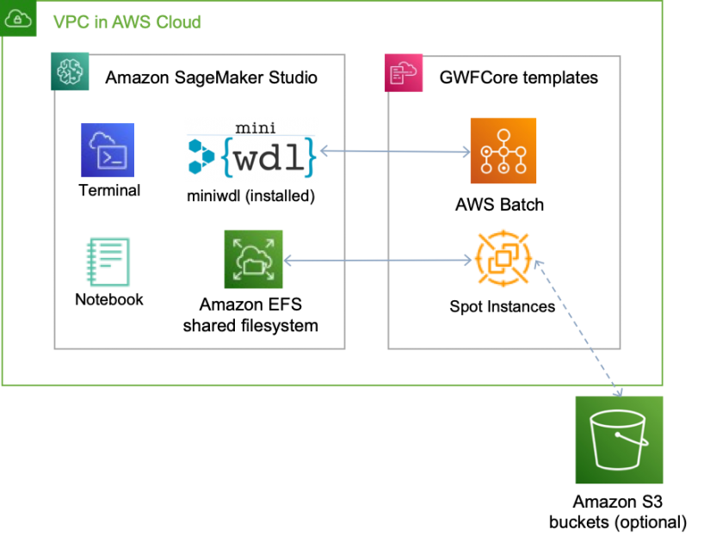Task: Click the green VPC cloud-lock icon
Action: pyautogui.click(x=18, y=18)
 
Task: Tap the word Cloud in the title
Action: pyautogui.click(x=176, y=22)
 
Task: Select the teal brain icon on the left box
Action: pyautogui.click(x=69, y=71)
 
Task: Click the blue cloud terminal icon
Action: pyautogui.click(x=108, y=150)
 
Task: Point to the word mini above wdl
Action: pyautogui.click(x=256, y=128)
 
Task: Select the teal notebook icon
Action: pyautogui.click(x=108, y=262)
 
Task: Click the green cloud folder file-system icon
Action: pyautogui.click(x=254, y=259)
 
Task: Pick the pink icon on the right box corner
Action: pyautogui.click(x=403, y=73)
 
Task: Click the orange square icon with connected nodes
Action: pyautogui.click(x=503, y=151)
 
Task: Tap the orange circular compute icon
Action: pyautogui.click(x=503, y=258)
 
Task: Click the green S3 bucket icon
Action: pyautogui.click(x=619, y=440)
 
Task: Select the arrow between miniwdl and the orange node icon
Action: pyautogui.click(x=395, y=152)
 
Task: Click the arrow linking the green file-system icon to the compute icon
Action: pyautogui.click(x=379, y=260)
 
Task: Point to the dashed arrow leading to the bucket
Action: pyautogui.click(x=577, y=327)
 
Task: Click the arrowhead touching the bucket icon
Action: pyautogui.click(x=617, y=392)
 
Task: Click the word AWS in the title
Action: pyautogui.click(x=124, y=22)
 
